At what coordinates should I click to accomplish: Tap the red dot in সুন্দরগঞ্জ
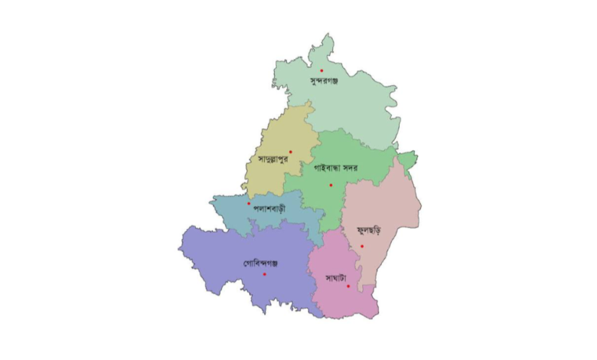coord(321,70)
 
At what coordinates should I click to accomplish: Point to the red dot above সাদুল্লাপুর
coord(290,152)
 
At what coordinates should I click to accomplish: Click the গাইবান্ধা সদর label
coord(337,166)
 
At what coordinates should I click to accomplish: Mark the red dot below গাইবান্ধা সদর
coord(331,185)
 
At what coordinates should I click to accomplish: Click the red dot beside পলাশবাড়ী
coord(249,204)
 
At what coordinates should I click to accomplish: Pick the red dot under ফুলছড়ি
coord(362,246)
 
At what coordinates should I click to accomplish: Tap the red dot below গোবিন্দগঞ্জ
coord(265,275)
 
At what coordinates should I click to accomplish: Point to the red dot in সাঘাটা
coord(347,286)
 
